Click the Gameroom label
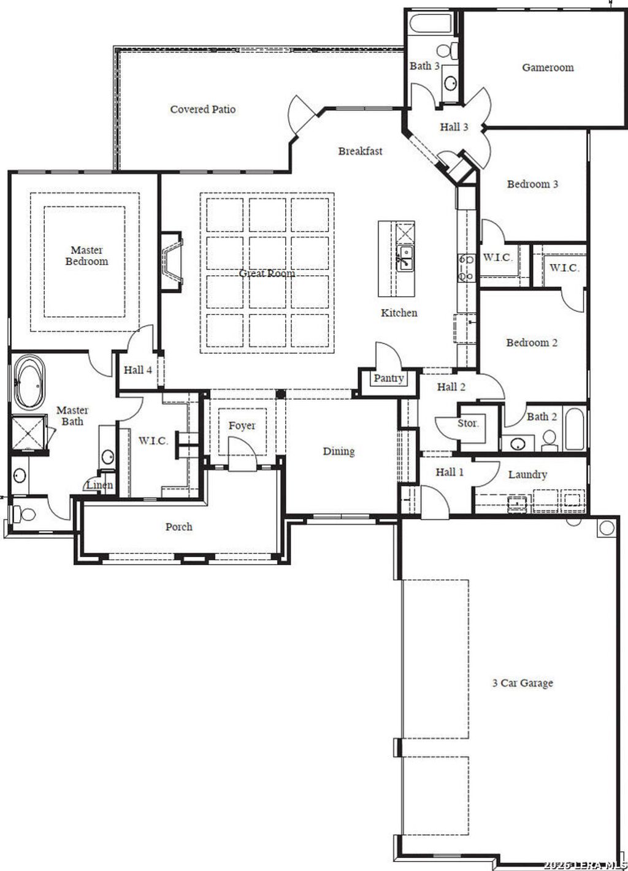(x=548, y=67)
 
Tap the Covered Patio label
(x=202, y=110)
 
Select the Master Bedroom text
(x=87, y=256)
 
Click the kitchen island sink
(x=405, y=257)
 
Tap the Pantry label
(x=388, y=378)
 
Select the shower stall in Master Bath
(x=29, y=433)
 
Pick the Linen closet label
(x=99, y=485)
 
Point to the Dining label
(x=339, y=452)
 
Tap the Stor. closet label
(x=469, y=423)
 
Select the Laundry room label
(x=527, y=474)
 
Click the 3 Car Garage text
(x=523, y=683)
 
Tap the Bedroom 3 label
(x=532, y=184)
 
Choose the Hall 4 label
(x=137, y=370)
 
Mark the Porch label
(x=179, y=527)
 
